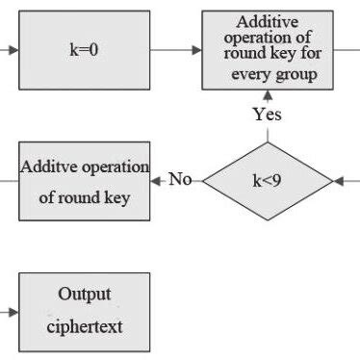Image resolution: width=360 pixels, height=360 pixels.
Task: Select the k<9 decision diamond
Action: click(267, 180)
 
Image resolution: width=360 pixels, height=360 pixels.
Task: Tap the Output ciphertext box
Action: click(85, 310)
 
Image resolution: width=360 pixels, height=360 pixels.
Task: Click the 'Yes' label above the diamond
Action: click(267, 115)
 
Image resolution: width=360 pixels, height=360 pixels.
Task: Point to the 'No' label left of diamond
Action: click(180, 179)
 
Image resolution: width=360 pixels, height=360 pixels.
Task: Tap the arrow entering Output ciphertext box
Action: click(12, 311)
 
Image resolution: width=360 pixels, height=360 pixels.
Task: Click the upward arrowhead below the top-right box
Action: click(267, 96)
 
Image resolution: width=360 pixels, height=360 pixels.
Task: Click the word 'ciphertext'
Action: click(85, 326)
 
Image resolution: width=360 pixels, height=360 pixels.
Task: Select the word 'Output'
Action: click(85, 294)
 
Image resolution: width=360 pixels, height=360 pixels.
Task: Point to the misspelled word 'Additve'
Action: click(46, 167)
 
